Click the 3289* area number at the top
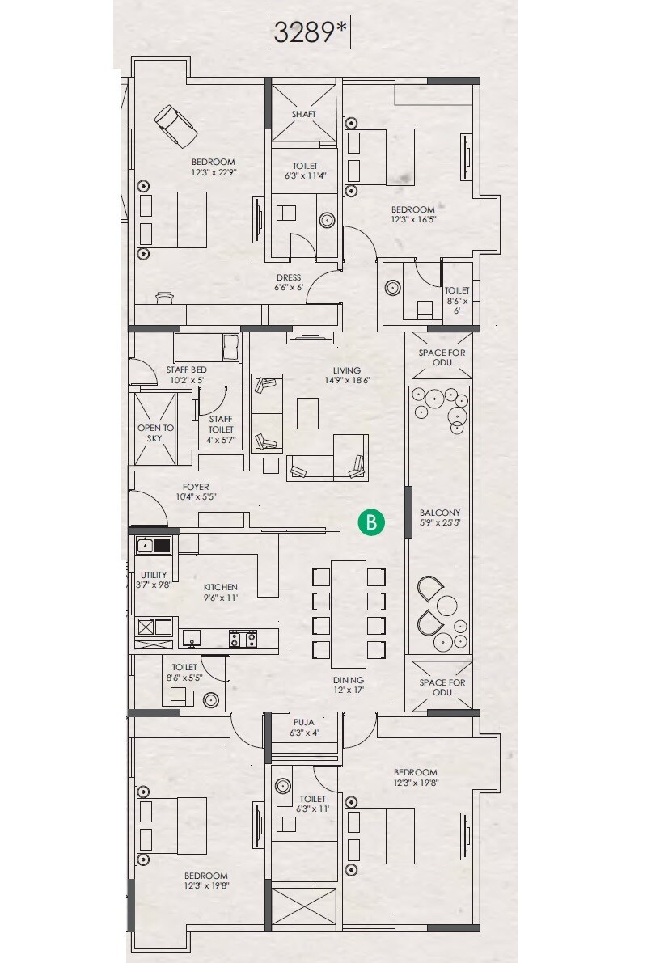click(x=310, y=33)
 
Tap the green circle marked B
click(x=371, y=522)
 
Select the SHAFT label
click(x=303, y=114)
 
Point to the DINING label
click(x=349, y=680)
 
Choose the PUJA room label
click(x=303, y=722)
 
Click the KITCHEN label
click(x=220, y=587)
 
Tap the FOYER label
click(x=196, y=487)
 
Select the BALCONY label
click(x=440, y=513)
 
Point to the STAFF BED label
click(x=187, y=369)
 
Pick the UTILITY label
click(x=153, y=575)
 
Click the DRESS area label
click(x=289, y=277)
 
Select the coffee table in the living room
click(x=308, y=414)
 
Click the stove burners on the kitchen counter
click(x=243, y=639)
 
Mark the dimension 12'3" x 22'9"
click(x=213, y=172)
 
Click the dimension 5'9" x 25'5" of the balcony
click(x=440, y=523)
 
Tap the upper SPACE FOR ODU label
click(x=442, y=357)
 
